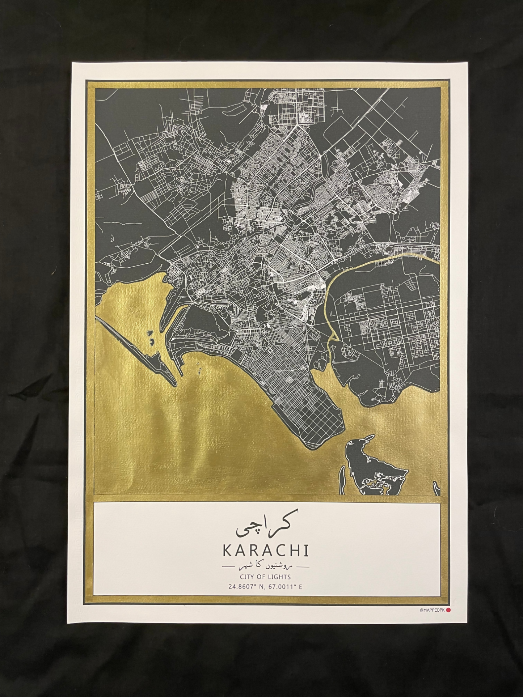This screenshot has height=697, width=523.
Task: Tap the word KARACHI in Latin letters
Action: pyautogui.click(x=266, y=550)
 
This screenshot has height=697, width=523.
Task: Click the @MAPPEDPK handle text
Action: pyautogui.click(x=432, y=610)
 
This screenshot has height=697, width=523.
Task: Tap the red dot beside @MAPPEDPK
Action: pyautogui.click(x=448, y=610)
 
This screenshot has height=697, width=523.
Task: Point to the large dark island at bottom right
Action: pyautogui.click(x=373, y=467)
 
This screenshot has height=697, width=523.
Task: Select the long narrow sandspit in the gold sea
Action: pyautogui.click(x=138, y=347)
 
